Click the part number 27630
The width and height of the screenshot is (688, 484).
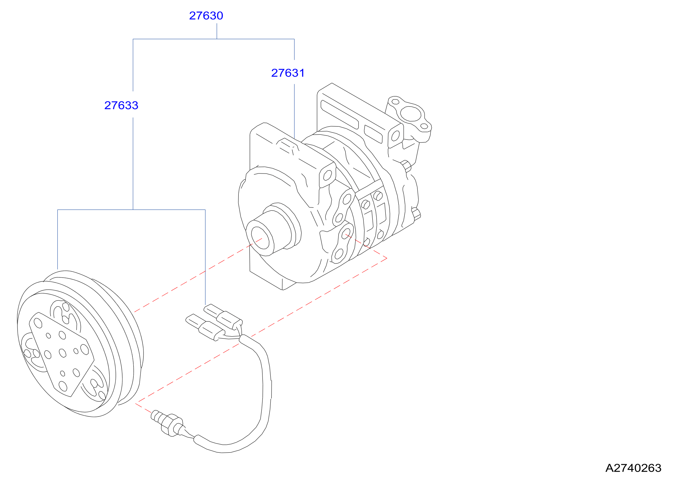[x=206, y=16]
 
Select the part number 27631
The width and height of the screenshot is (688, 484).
[x=288, y=73]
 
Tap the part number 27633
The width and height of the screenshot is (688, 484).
[x=121, y=105]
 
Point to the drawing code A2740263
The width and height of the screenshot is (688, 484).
[x=633, y=468]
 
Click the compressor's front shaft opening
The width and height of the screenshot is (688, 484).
[x=260, y=238]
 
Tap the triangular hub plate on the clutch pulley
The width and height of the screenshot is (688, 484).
[x=61, y=354]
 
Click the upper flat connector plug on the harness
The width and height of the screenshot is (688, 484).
[x=223, y=316]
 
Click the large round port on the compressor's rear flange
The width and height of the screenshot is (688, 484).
[x=411, y=113]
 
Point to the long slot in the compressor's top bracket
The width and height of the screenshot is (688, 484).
[x=339, y=114]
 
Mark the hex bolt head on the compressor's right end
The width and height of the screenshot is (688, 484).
[x=406, y=166]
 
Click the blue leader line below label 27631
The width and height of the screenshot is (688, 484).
[x=294, y=111]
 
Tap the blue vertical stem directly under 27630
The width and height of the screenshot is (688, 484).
[x=217, y=31]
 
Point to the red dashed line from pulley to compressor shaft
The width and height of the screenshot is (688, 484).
[x=198, y=275]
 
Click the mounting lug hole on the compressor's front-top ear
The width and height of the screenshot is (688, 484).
[x=327, y=175]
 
